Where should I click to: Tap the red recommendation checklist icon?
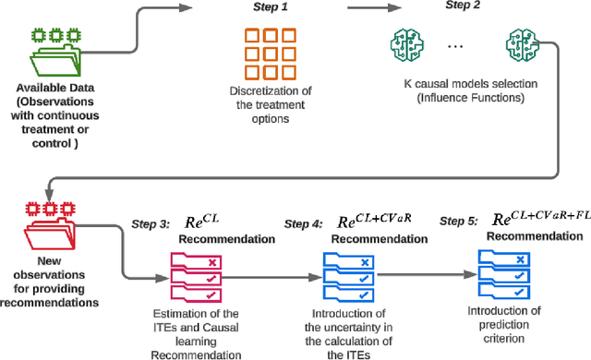click(x=195, y=274)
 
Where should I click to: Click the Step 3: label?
click(x=154, y=223)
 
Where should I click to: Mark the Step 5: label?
click(x=458, y=222)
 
